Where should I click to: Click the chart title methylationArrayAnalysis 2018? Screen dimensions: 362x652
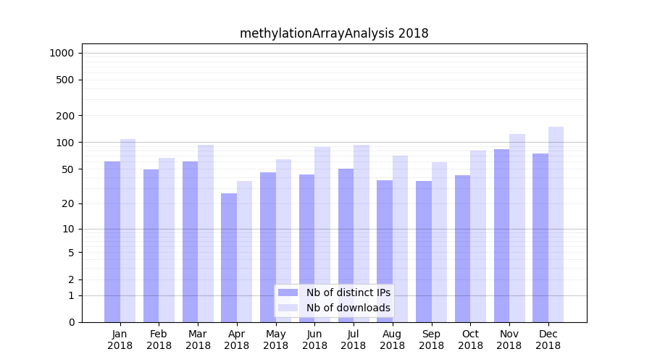[334, 33]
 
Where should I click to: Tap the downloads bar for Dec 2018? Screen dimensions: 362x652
[556, 224]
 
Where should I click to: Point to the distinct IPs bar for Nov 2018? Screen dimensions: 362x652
[501, 235]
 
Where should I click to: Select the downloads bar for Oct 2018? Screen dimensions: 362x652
[477, 236]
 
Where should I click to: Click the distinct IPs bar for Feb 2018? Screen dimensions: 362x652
[151, 245]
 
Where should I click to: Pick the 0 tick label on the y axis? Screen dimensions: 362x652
[71, 322]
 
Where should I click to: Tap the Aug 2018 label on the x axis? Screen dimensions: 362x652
[393, 340]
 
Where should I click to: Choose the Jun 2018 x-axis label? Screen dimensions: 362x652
[314, 340]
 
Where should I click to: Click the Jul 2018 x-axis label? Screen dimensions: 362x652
[354, 340]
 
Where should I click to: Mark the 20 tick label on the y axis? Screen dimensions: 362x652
[68, 203]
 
